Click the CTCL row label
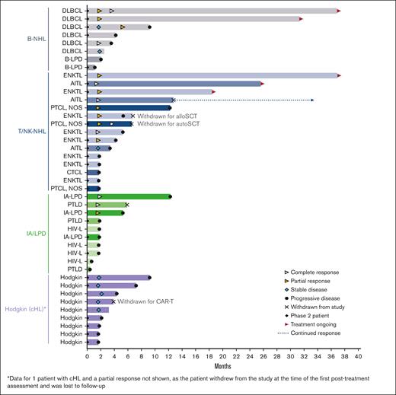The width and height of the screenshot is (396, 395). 74,172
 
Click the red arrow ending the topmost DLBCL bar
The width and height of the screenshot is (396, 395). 338,11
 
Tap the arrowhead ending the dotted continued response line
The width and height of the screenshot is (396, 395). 312,100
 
